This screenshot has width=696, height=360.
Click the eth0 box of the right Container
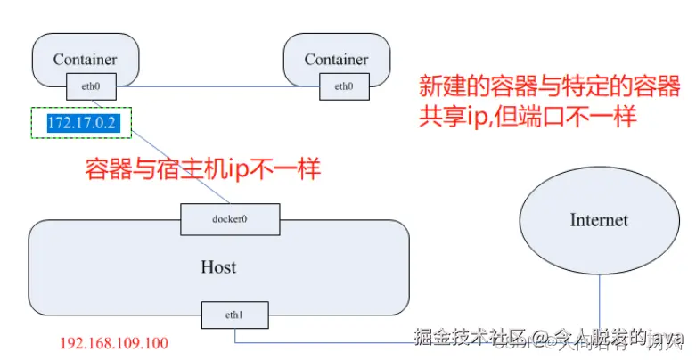tap(343, 86)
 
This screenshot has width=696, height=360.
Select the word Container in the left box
tap(85, 60)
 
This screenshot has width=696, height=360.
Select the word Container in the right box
tap(336, 60)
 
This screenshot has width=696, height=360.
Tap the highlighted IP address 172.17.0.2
tap(83, 123)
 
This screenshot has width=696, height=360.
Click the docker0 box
tap(230, 218)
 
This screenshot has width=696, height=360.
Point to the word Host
tap(218, 266)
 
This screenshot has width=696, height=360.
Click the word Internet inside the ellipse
tap(599, 220)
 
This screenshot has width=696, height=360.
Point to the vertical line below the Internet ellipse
tap(599, 303)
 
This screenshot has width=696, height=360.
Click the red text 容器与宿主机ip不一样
tap(201, 169)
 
